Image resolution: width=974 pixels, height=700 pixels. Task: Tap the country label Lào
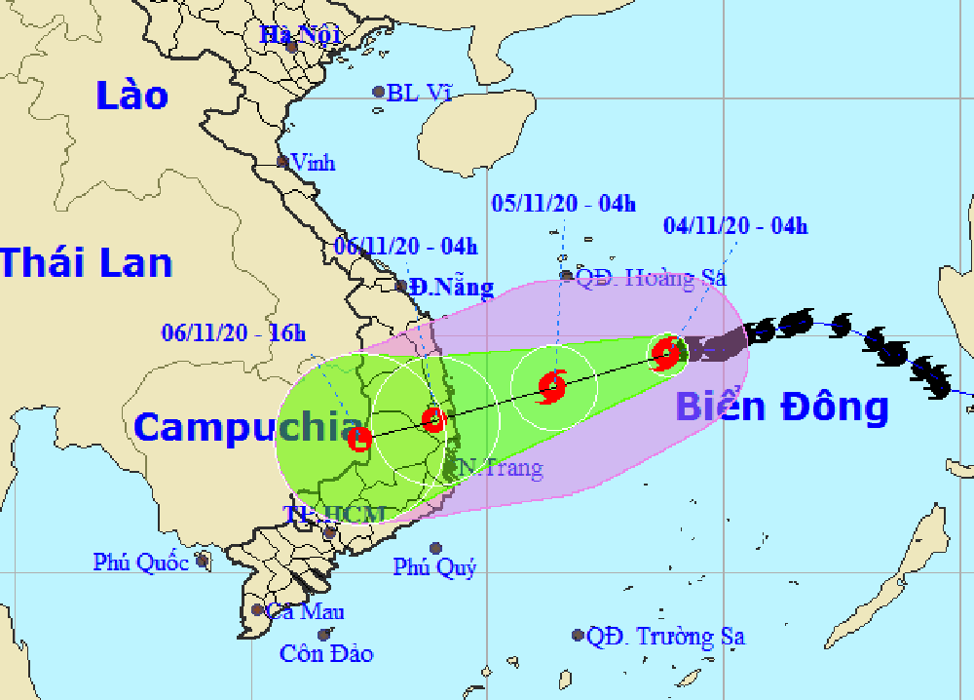point(132,96)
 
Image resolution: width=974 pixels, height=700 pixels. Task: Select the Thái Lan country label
point(86,263)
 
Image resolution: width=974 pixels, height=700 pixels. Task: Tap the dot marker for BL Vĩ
point(379,93)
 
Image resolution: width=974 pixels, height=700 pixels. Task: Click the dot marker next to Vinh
point(282,162)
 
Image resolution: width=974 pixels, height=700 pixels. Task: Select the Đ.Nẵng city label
point(451,288)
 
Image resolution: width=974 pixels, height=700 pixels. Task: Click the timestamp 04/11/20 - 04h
point(735,227)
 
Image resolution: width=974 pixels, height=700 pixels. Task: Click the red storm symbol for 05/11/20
point(552,386)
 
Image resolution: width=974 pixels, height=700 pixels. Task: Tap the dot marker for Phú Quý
point(435,548)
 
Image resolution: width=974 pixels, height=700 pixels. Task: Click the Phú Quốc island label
point(141,562)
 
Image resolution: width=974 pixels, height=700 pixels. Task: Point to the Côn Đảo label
point(326,653)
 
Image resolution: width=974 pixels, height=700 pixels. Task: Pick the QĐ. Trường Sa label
point(666,637)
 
